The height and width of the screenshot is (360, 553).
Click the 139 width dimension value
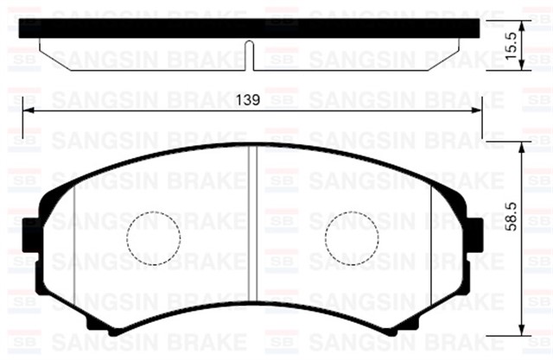[248, 100]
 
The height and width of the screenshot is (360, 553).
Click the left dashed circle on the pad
[153, 237]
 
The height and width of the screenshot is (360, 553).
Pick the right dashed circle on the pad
[351, 237]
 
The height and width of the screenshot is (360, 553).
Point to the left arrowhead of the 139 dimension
[28, 110]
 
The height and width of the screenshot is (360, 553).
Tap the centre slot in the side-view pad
[250, 55]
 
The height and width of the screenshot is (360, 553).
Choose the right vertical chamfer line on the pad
[430, 243]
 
